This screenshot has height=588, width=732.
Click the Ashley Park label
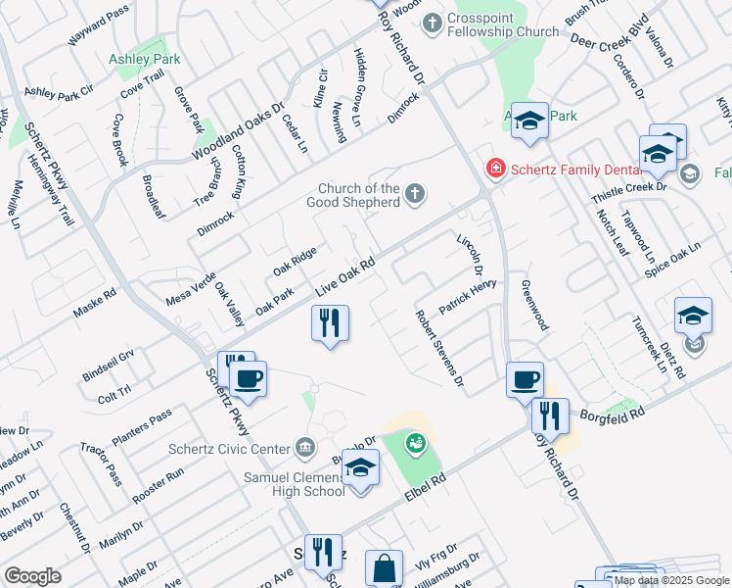[144, 59]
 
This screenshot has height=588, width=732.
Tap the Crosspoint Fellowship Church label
[503, 25]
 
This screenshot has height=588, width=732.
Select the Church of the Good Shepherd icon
[416, 193]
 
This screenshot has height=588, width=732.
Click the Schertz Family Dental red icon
[496, 170]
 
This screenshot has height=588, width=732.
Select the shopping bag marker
[384, 567]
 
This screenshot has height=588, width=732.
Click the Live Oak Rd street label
[345, 277]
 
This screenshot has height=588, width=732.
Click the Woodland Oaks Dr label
[238, 132]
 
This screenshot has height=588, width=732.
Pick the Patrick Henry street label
[468, 297]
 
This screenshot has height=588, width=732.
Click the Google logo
[33, 575]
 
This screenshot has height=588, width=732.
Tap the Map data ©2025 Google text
[672, 580]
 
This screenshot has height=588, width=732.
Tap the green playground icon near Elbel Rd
[416, 444]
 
